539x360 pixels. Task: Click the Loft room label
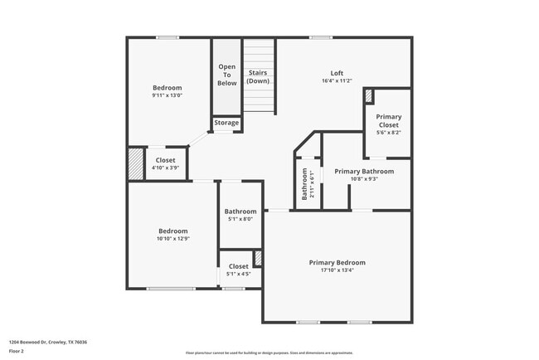pyautogui.click(x=337, y=73)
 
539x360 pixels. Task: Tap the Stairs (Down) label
pyautogui.click(x=258, y=77)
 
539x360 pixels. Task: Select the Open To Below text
pyautogui.click(x=227, y=75)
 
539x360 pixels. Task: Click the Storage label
pyautogui.click(x=226, y=123)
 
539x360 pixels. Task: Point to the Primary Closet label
pyautogui.click(x=388, y=121)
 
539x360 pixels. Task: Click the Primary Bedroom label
pyautogui.click(x=337, y=262)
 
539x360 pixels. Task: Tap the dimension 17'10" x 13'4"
pyautogui.click(x=337, y=270)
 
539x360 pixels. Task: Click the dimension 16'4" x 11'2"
pyautogui.click(x=337, y=80)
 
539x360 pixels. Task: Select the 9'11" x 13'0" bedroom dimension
pyautogui.click(x=167, y=95)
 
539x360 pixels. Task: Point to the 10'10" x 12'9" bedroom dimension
pyautogui.click(x=173, y=239)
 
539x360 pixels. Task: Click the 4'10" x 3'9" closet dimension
pyautogui.click(x=165, y=168)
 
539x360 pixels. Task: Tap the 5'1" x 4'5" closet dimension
pyautogui.click(x=238, y=273)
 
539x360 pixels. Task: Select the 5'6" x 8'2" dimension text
pyautogui.click(x=388, y=133)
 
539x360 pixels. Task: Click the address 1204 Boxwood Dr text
pyautogui.click(x=48, y=342)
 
